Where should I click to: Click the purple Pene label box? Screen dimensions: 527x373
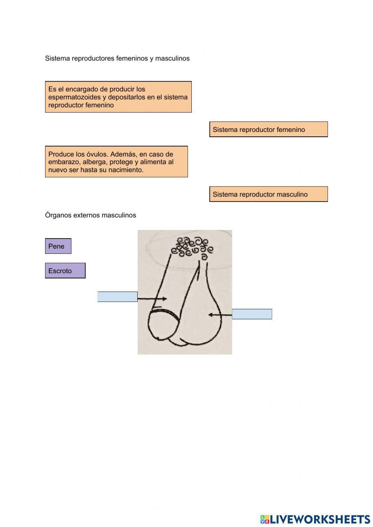pos(58,246)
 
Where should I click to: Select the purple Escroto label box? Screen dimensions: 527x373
pos(65,271)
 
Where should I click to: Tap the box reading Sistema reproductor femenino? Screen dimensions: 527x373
pos(268,129)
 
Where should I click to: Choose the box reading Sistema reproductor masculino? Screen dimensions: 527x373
pos(268,194)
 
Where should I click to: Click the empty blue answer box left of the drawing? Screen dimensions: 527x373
pos(117,297)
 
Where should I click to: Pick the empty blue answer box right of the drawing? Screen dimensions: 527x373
pos(252,314)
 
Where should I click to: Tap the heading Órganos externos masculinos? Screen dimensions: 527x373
pos(91,215)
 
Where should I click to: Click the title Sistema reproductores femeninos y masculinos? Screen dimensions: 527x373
pos(117,58)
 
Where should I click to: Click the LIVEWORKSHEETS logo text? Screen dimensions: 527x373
pos(320,519)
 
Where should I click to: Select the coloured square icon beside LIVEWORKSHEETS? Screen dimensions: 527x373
pos(265,519)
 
